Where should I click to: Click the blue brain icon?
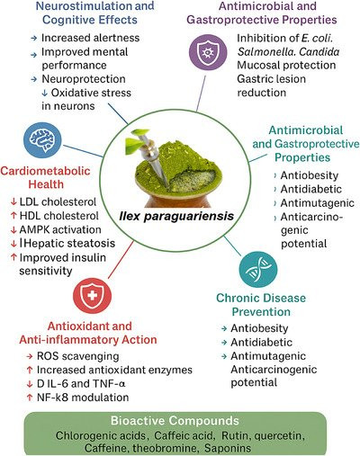(42, 139)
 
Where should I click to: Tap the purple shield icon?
(208, 51)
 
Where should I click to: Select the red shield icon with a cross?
(92, 295)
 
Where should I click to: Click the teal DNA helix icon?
(258, 270)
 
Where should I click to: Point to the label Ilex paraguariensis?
(176, 216)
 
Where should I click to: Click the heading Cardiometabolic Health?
(45, 177)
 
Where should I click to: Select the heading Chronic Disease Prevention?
(261, 305)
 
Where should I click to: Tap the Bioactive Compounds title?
(175, 421)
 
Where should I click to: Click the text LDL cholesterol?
(58, 201)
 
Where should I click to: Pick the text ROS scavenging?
(78, 356)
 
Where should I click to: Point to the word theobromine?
(164, 448)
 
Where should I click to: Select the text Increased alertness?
(91, 38)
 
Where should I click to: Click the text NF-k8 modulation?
(83, 398)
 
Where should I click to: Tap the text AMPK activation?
(60, 229)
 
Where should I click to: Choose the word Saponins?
(228, 448)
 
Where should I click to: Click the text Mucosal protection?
(286, 65)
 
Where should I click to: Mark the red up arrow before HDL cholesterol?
(13, 216)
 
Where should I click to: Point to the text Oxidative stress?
(91, 93)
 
